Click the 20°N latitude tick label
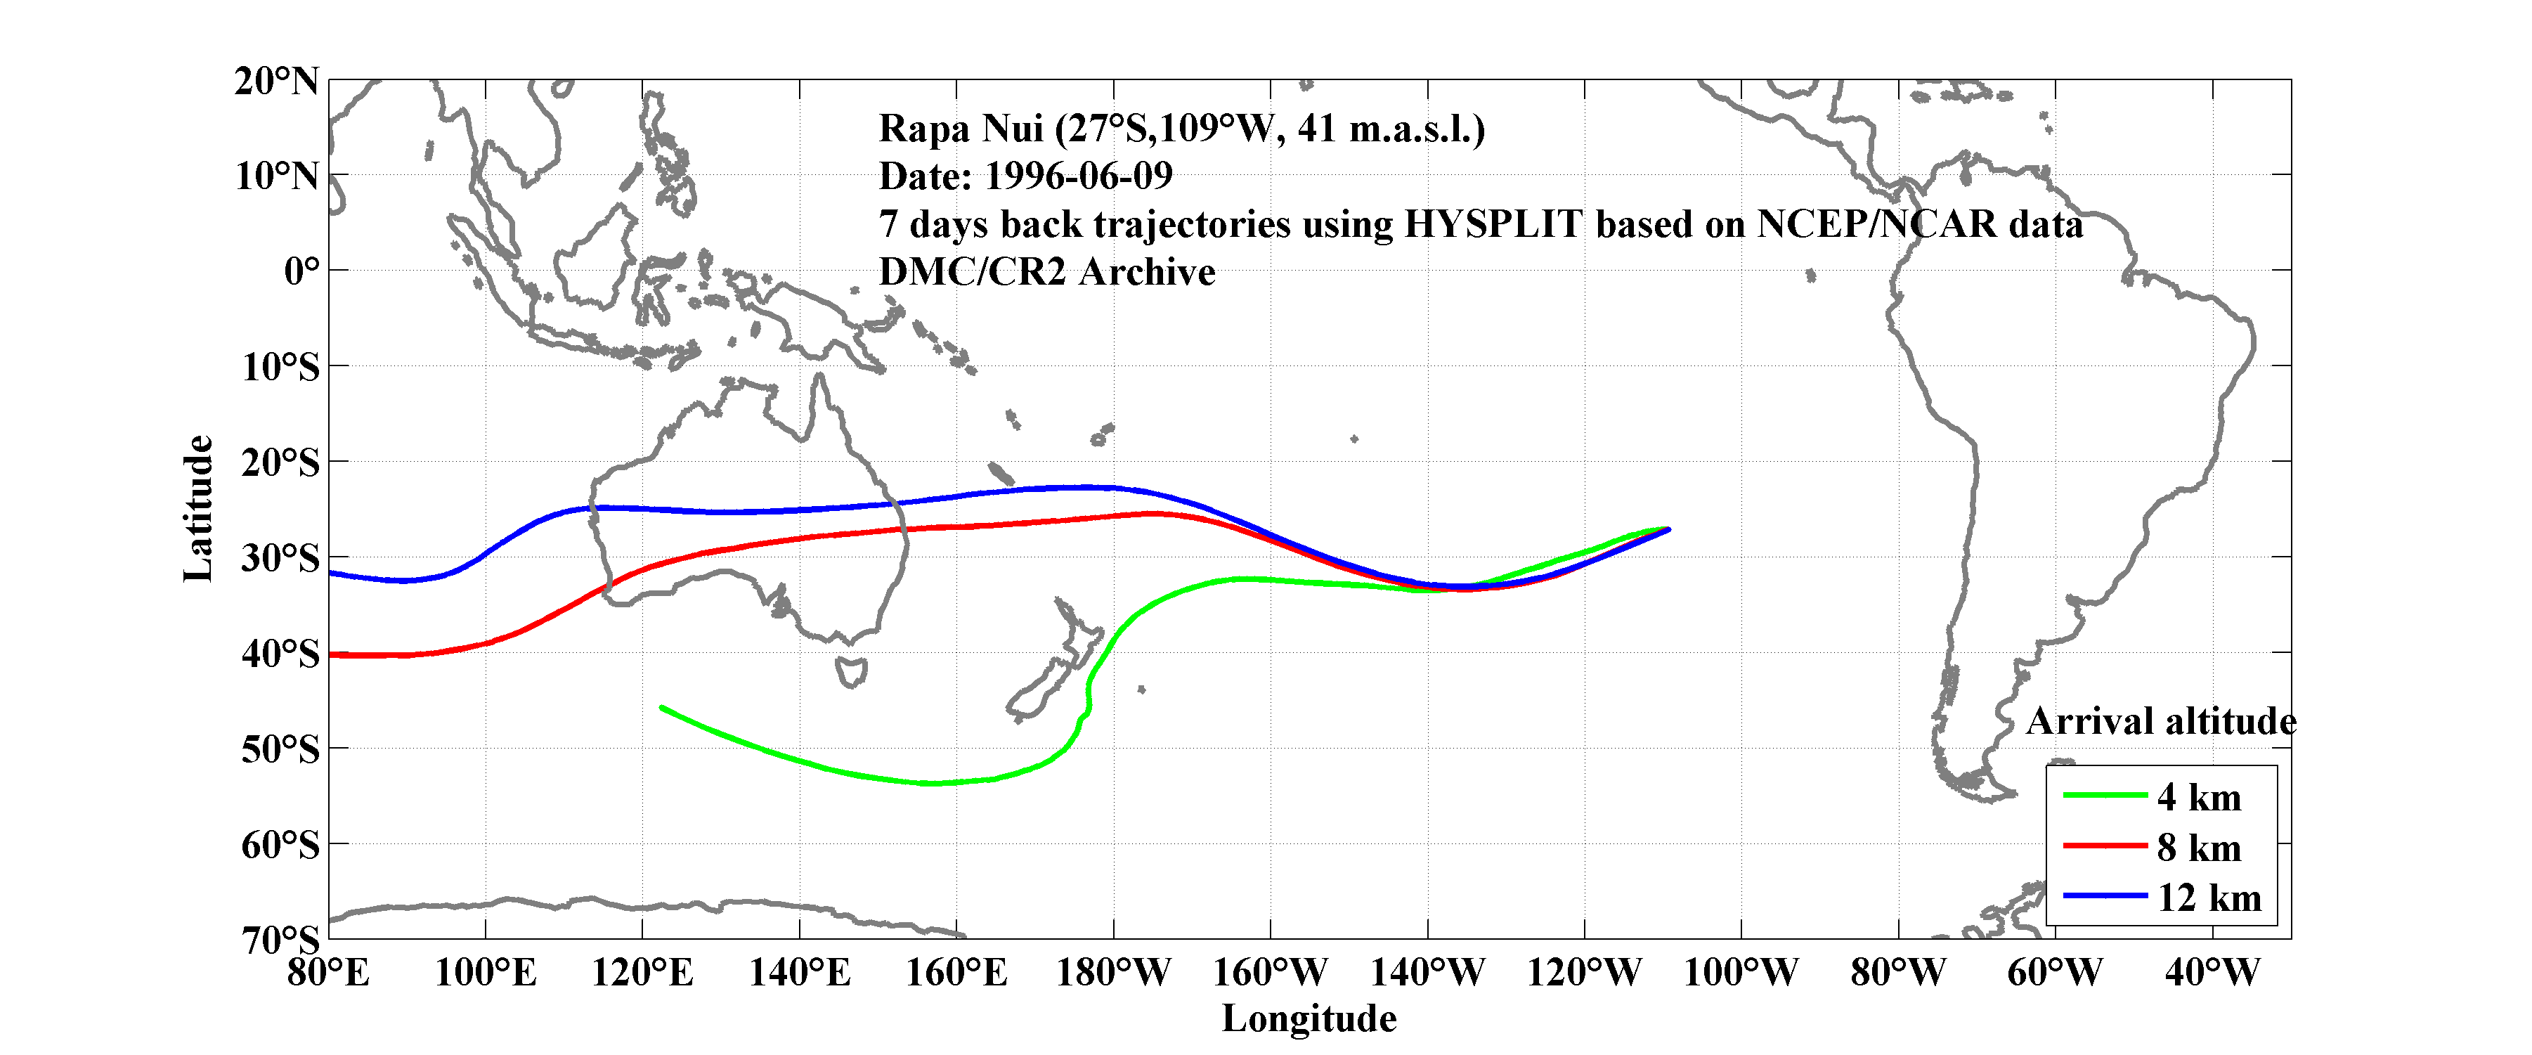(276, 81)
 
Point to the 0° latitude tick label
(301, 271)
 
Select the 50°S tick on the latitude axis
(280, 749)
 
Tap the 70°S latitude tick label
(280, 940)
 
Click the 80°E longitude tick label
(328, 973)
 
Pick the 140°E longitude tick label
(799, 973)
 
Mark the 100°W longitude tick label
(1741, 973)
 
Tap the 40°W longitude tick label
(2212, 973)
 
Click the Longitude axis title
(1309, 1018)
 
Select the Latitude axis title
(197, 508)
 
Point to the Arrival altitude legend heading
(2160, 722)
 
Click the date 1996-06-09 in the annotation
(1078, 176)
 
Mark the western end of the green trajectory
(661, 707)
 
